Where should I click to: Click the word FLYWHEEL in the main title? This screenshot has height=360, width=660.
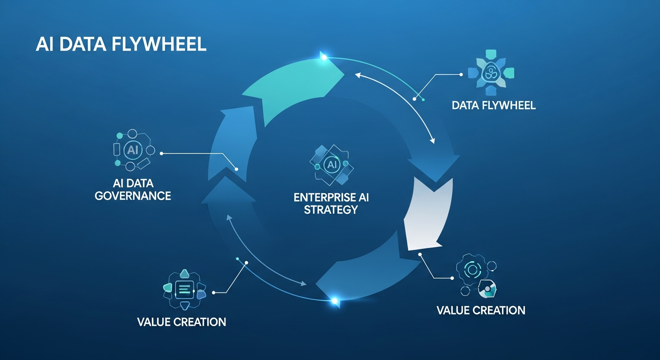coord(159,45)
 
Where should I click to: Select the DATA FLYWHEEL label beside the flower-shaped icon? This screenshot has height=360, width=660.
coord(494,105)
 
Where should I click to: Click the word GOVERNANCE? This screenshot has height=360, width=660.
coord(133,196)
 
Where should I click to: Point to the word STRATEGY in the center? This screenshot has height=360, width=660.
coord(331,210)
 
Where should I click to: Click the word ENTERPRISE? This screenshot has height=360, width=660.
coord(323,197)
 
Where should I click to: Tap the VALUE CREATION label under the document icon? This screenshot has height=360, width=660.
coord(182,322)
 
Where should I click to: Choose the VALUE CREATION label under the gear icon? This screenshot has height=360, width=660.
coord(481,310)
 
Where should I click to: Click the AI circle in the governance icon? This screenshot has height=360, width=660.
coord(133,150)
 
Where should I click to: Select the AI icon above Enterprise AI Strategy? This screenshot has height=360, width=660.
coord(332,165)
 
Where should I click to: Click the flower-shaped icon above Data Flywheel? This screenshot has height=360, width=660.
coord(491,73)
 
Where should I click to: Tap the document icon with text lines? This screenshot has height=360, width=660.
coord(184,290)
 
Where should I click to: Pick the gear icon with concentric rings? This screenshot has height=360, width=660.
coord(472,269)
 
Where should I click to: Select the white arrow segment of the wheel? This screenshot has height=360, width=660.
coord(429,215)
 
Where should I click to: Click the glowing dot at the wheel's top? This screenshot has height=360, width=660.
coord(324,58)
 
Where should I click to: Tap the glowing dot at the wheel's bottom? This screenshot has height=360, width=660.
coord(334,301)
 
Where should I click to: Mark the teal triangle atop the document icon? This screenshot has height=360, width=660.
coord(185,274)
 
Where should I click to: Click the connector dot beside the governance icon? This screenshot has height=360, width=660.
coord(161,153)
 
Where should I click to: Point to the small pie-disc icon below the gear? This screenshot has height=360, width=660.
coord(487,289)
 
